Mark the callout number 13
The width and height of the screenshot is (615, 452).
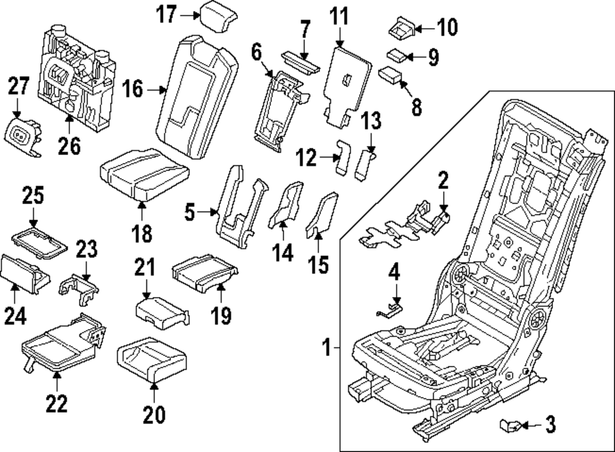pos(371,122)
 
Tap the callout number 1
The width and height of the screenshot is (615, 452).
pos(328,349)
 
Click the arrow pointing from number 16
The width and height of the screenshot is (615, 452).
pos(158,90)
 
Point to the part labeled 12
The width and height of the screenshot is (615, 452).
pos(343,157)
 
